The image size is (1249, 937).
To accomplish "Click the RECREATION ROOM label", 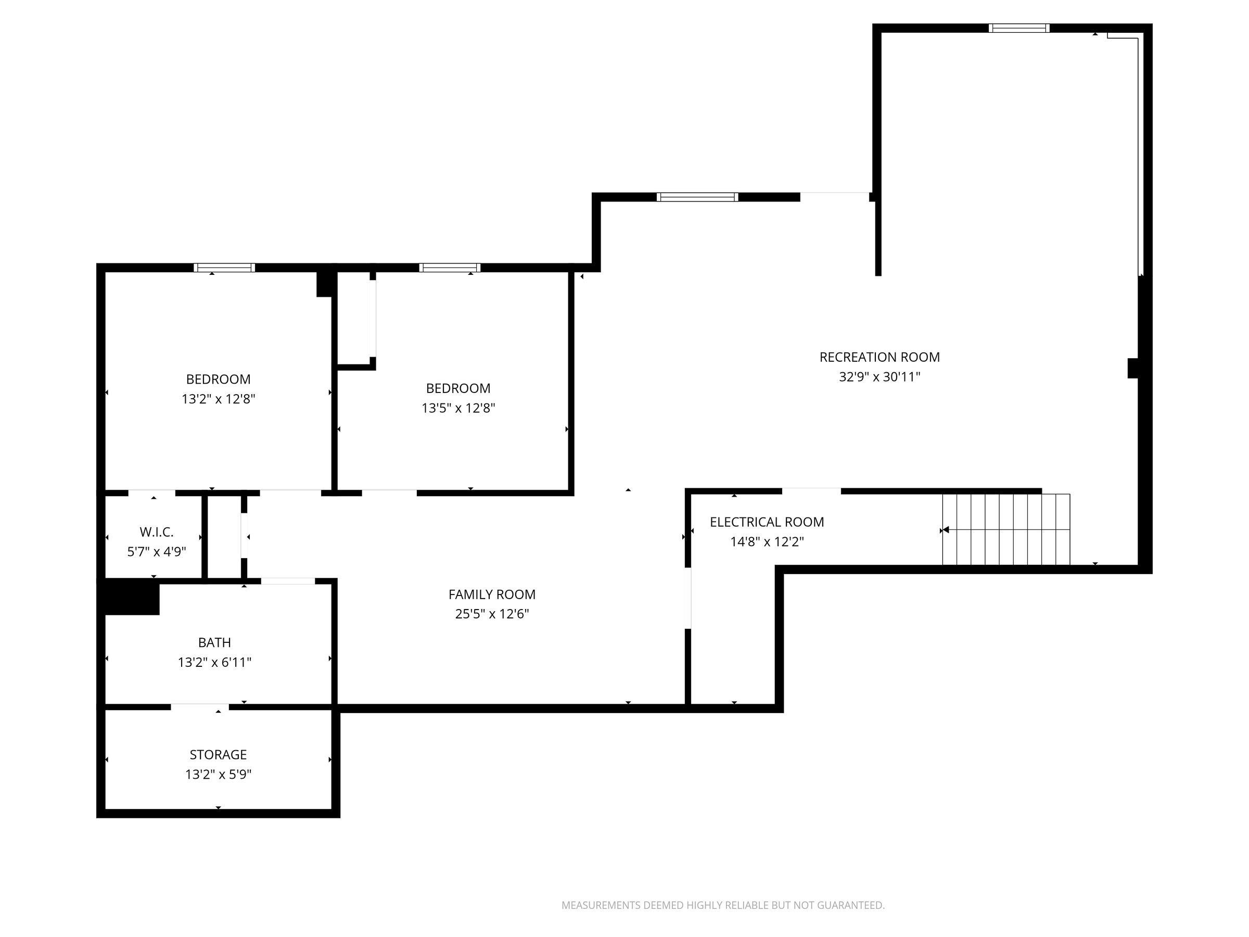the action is tap(879, 357).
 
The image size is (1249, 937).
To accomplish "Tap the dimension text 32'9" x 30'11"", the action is tap(879, 377).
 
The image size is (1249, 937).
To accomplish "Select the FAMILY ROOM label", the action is tap(492, 594).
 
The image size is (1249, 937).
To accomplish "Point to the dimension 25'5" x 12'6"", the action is tap(492, 614).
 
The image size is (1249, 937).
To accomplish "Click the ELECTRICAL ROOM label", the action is tap(767, 522).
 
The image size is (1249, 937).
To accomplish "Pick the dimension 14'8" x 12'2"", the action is tap(767, 542).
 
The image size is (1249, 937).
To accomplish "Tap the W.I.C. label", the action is tap(157, 532).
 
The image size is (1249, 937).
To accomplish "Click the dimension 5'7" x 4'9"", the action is tap(157, 552).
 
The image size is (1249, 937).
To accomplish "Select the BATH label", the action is tap(214, 642).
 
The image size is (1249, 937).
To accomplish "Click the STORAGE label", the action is tap(218, 755).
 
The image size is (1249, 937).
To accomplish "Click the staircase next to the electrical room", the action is tap(1006, 529).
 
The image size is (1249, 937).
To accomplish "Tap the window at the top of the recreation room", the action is tap(1019, 28).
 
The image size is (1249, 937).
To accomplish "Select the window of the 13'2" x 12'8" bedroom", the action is tap(224, 268).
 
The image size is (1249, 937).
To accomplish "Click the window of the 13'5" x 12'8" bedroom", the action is tap(450, 268).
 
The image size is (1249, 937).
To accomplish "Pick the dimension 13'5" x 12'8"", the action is tap(458, 408).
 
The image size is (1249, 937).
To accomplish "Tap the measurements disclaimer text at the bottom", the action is tap(723, 905).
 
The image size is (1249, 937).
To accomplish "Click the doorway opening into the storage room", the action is tap(200, 707).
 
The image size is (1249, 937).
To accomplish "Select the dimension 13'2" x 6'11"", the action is tap(214, 662).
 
